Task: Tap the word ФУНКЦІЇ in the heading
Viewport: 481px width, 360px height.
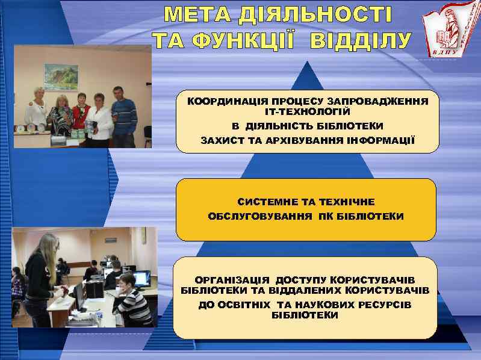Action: coord(225,41)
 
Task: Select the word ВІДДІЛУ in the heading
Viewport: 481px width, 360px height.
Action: coord(361,41)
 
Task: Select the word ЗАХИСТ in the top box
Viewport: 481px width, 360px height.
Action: coord(222,140)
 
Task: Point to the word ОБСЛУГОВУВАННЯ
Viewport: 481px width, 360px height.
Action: coord(258,216)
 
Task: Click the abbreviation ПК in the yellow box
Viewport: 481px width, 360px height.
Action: coord(326,216)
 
